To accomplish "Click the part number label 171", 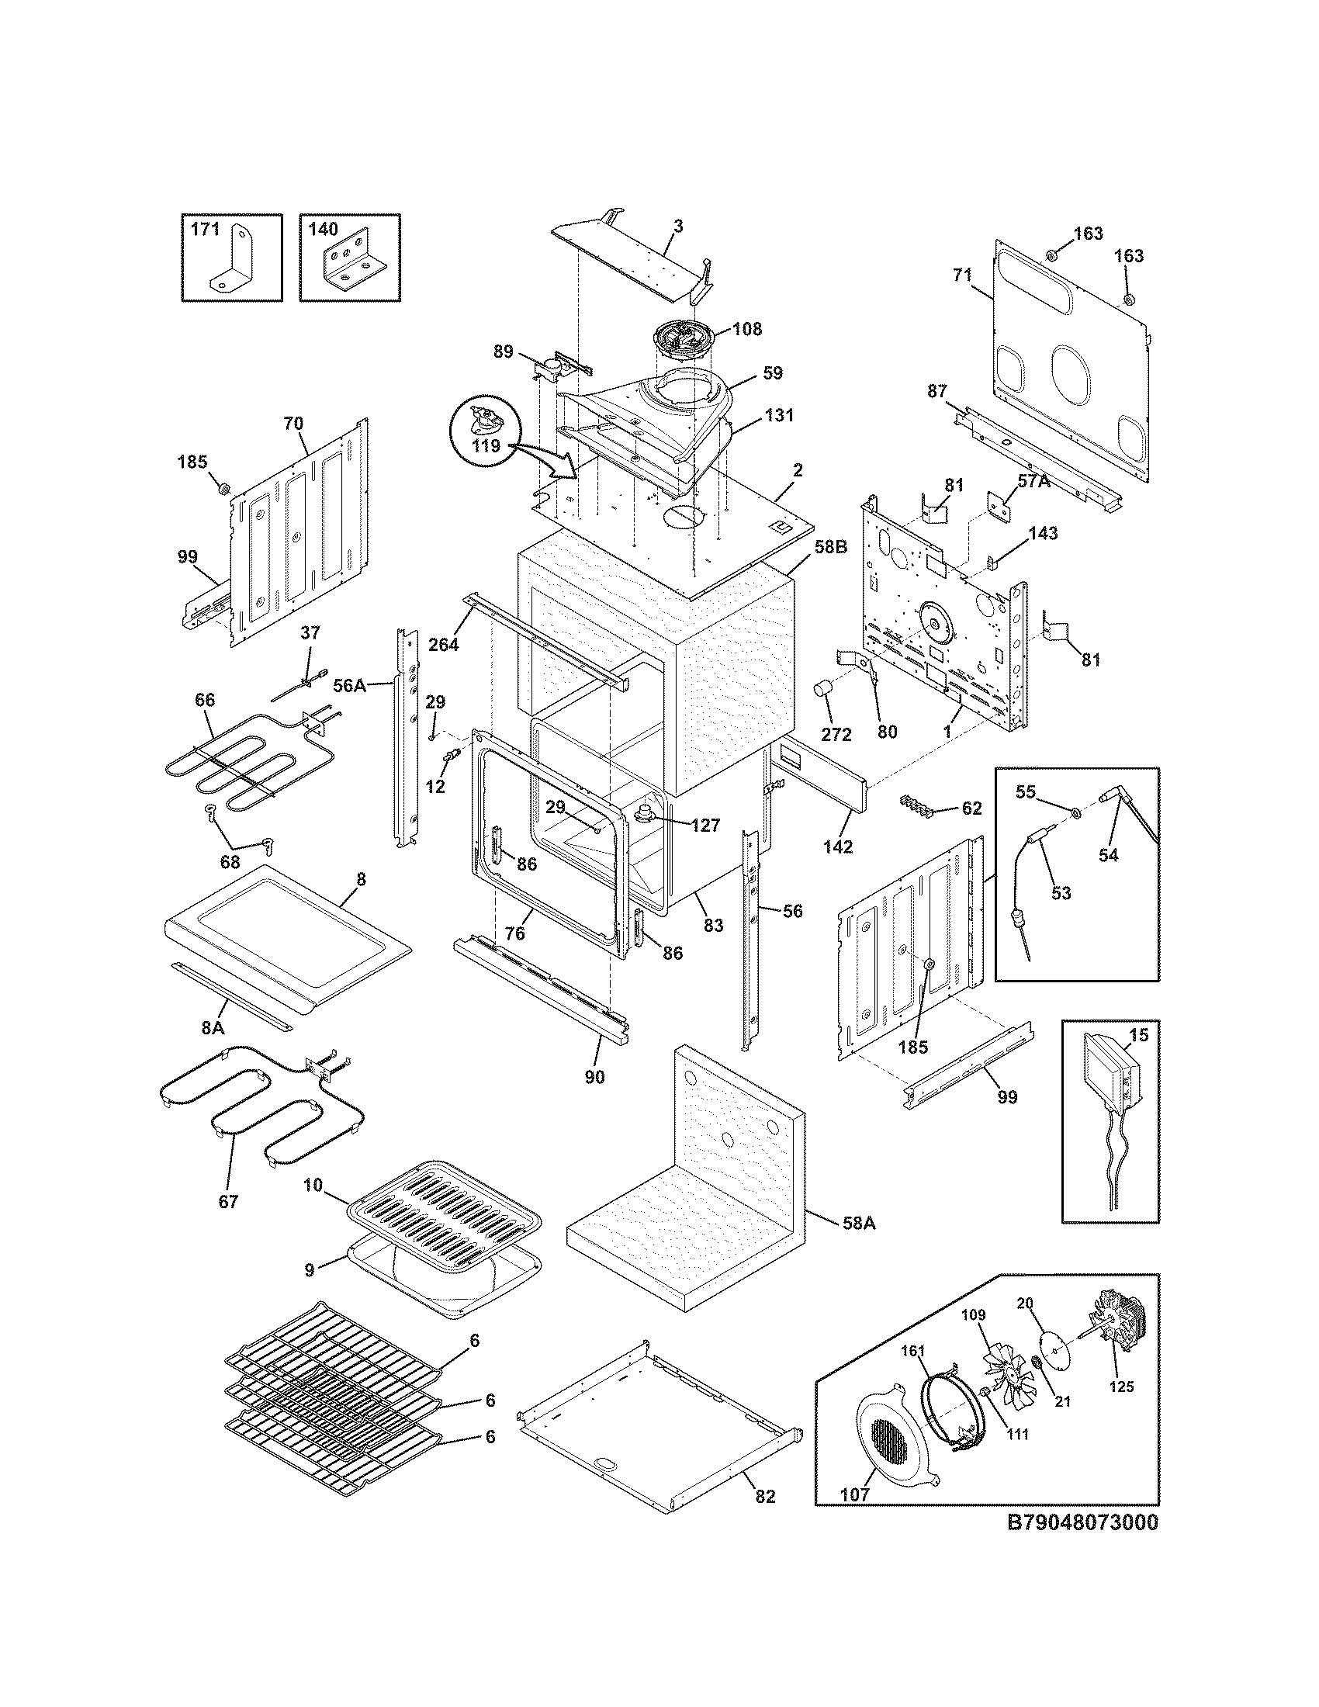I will (x=206, y=230).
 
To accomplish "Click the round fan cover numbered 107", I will (x=888, y=1434).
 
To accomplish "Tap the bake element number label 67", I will (x=227, y=1202).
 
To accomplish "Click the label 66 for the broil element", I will (x=204, y=700).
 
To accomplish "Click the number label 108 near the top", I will (x=747, y=329).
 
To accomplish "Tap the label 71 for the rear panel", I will (x=961, y=275).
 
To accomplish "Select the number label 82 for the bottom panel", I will (x=765, y=1496).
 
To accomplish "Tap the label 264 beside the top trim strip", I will (x=443, y=645).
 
